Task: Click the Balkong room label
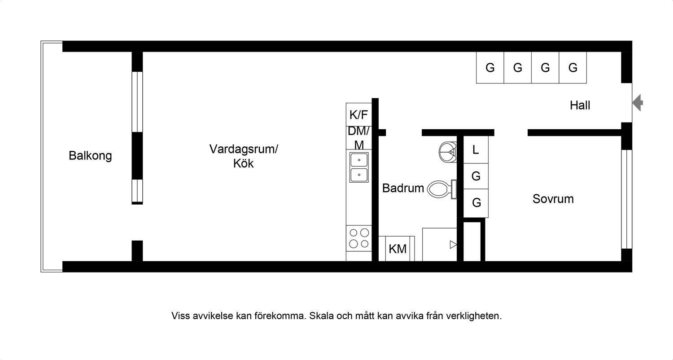pyautogui.click(x=90, y=156)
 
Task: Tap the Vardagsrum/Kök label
pyautogui.click(x=244, y=156)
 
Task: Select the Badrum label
pyautogui.click(x=403, y=188)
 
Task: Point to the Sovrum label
pyautogui.click(x=553, y=199)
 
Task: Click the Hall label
pyautogui.click(x=580, y=105)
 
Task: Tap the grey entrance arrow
pyautogui.click(x=638, y=103)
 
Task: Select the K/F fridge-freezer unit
pyautogui.click(x=359, y=114)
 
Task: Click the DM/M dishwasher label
pyautogui.click(x=359, y=138)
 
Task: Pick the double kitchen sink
pyautogui.click(x=359, y=167)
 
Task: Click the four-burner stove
pyautogui.click(x=359, y=238)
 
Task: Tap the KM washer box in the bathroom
pyautogui.click(x=397, y=249)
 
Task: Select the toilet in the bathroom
pyautogui.click(x=442, y=189)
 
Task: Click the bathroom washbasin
pyautogui.click(x=448, y=152)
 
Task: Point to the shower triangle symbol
pyautogui.click(x=453, y=245)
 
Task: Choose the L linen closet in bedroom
pyautogui.click(x=476, y=149)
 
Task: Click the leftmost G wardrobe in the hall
pyautogui.click(x=490, y=68)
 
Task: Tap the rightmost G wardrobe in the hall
pyautogui.click(x=572, y=68)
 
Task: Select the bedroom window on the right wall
pyautogui.click(x=627, y=199)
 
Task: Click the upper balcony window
pyautogui.click(x=137, y=101)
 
